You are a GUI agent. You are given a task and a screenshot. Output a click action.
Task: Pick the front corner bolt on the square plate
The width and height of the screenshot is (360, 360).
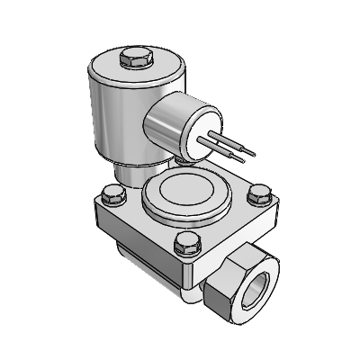coord(187,240)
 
